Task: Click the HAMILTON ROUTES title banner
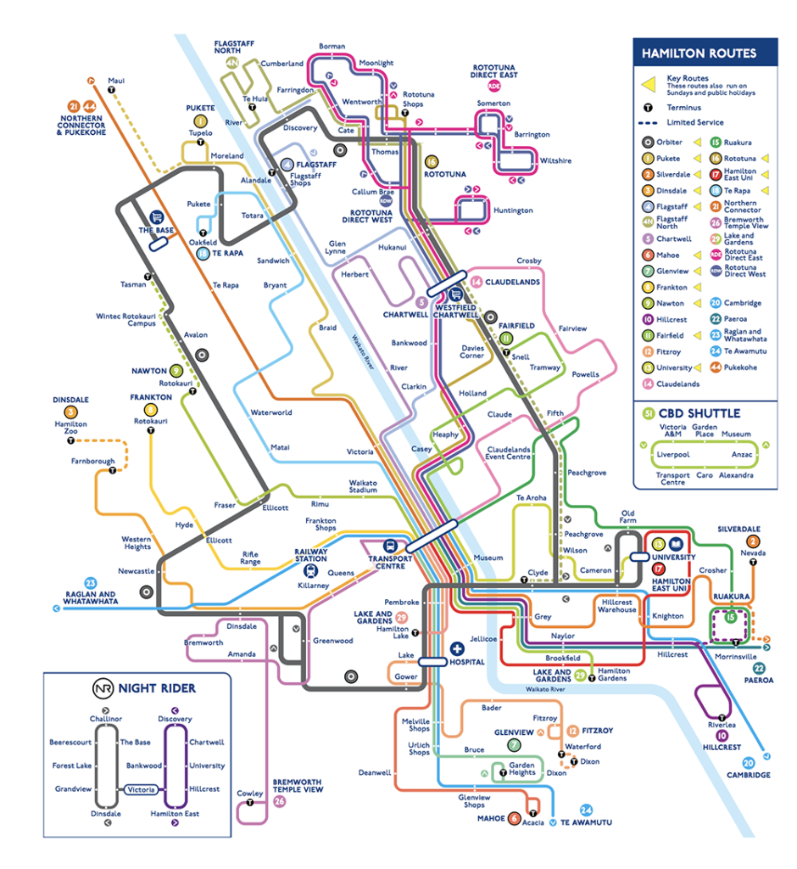click(699, 53)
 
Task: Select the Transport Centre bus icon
click(389, 545)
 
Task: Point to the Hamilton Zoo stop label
click(70, 429)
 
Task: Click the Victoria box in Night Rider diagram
click(141, 789)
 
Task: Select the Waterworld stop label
click(270, 413)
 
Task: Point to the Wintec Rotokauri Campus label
click(125, 320)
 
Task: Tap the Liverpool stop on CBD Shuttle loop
click(673, 454)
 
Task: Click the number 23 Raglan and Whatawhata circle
click(68, 582)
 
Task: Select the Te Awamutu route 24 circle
click(587, 810)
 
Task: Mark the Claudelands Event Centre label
click(508, 453)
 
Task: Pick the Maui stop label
click(116, 81)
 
